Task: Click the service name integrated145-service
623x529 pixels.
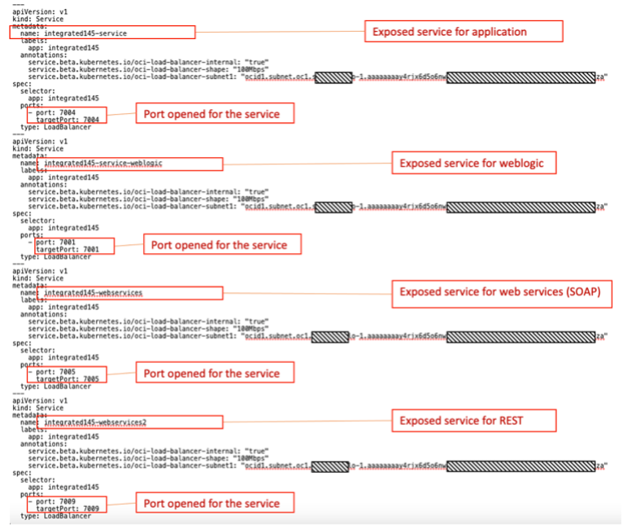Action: pyautogui.click(x=91, y=33)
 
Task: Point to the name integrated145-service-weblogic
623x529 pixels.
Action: pyautogui.click(x=103, y=164)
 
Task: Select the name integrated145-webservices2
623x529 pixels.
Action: pyautogui.click(x=101, y=422)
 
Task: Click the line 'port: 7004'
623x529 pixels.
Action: pyautogui.click(x=55, y=112)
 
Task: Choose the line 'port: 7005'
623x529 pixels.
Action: pyautogui.click(x=55, y=371)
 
